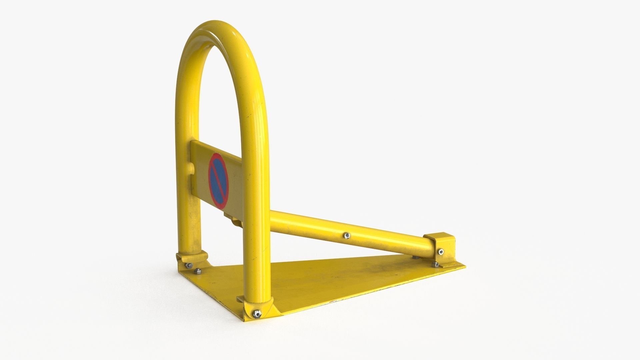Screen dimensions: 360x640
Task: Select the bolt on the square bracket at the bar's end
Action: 441,252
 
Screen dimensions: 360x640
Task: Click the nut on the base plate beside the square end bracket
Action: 435,264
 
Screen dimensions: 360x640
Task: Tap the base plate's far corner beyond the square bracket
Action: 464,266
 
